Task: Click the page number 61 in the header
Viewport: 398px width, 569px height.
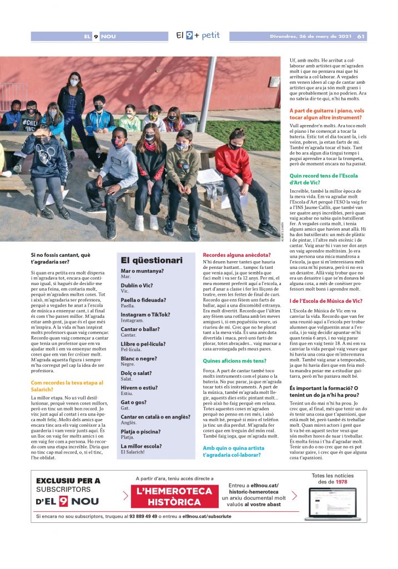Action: click(361, 37)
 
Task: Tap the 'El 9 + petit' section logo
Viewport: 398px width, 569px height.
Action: click(198, 36)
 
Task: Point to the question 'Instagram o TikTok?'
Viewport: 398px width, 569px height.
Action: click(145, 315)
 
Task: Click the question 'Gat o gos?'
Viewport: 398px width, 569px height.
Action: click(133, 402)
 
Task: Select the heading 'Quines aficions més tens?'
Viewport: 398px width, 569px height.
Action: click(234, 361)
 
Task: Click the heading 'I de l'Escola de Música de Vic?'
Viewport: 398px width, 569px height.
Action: click(326, 301)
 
